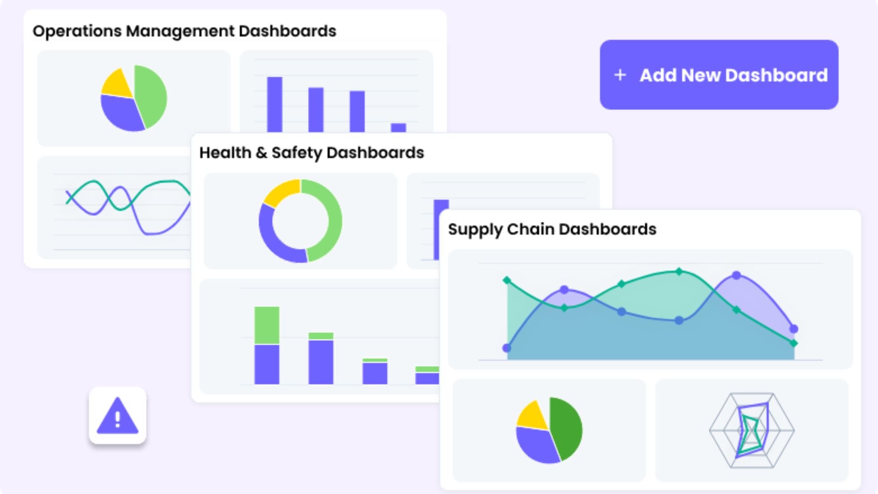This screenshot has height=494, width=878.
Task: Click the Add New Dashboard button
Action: [x=719, y=75]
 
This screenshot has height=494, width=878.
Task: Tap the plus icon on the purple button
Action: [x=620, y=75]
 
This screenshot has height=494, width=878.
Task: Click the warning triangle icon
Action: [x=118, y=416]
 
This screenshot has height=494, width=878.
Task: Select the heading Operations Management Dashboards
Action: [x=184, y=31]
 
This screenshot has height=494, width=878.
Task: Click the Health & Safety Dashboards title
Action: [x=311, y=153]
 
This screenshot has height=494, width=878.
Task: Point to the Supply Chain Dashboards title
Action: [x=552, y=229]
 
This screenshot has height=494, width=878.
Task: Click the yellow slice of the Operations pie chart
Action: [x=117, y=84]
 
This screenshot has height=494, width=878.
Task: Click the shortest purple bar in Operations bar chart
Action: [x=398, y=128]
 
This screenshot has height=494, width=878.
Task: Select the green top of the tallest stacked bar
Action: [x=267, y=325]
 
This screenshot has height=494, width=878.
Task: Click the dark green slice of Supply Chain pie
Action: [x=567, y=428]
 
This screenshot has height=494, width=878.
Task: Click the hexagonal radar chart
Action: [x=751, y=430]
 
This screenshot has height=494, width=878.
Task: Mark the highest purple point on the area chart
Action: [x=736, y=275]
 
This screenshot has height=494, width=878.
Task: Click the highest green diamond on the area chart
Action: [x=679, y=271]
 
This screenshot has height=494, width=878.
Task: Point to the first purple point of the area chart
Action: [x=507, y=348]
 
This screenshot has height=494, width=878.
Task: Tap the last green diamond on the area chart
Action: [x=794, y=343]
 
